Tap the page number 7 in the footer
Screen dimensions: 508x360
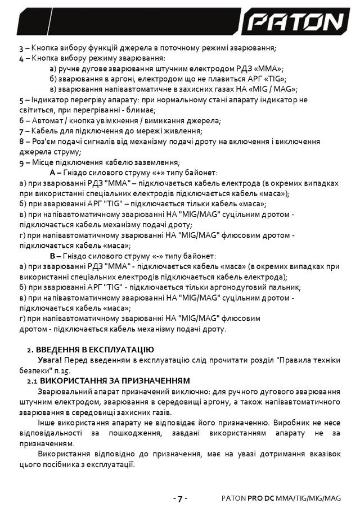coord(179,498)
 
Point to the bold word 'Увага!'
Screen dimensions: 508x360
coord(51,360)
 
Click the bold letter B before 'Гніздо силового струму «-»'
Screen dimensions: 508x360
coord(53,256)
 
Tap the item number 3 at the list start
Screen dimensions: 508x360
coord(21,48)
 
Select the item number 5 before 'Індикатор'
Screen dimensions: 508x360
coord(21,99)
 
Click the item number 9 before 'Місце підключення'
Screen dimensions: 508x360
coord(21,162)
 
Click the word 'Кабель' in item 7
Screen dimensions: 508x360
coord(44,130)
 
